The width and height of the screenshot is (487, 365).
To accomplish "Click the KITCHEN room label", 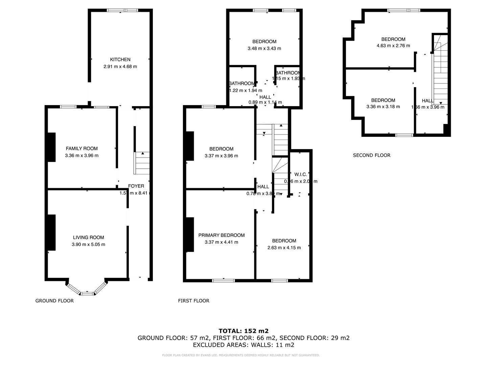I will pyautogui.click(x=120, y=59).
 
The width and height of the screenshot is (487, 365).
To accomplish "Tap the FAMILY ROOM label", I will pyautogui.click(x=82, y=148).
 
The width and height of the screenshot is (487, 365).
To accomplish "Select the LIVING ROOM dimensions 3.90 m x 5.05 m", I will pyautogui.click(x=88, y=244).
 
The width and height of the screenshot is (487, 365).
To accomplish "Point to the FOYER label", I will pyautogui.click(x=136, y=186).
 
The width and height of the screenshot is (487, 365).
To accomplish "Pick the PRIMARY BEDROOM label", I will pyautogui.click(x=221, y=235).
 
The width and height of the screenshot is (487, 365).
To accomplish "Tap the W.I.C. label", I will pyautogui.click(x=300, y=174).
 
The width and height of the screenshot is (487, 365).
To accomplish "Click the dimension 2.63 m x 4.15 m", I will pyautogui.click(x=284, y=247).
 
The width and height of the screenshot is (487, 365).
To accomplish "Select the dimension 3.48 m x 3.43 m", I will pyautogui.click(x=264, y=48).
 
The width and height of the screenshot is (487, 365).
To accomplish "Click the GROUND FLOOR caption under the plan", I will pyautogui.click(x=54, y=300).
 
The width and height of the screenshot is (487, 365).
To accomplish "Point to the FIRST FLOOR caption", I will pyautogui.click(x=193, y=300).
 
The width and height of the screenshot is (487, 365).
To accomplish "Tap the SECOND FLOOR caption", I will pyautogui.click(x=371, y=155).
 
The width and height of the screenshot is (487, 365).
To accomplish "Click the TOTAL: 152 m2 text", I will pyautogui.click(x=243, y=331).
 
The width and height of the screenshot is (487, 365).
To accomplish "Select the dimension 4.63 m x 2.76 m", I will pyautogui.click(x=393, y=46).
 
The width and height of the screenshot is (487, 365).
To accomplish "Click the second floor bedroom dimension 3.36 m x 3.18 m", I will pyautogui.click(x=383, y=107).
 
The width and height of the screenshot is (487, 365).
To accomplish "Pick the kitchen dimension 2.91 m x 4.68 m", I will pyautogui.click(x=120, y=67).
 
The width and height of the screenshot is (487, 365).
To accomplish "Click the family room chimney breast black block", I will pyautogui.click(x=51, y=147).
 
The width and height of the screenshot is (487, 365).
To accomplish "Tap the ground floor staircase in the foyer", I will pyautogui.click(x=142, y=163).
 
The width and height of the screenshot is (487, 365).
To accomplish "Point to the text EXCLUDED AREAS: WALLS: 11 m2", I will pyautogui.click(x=243, y=345).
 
